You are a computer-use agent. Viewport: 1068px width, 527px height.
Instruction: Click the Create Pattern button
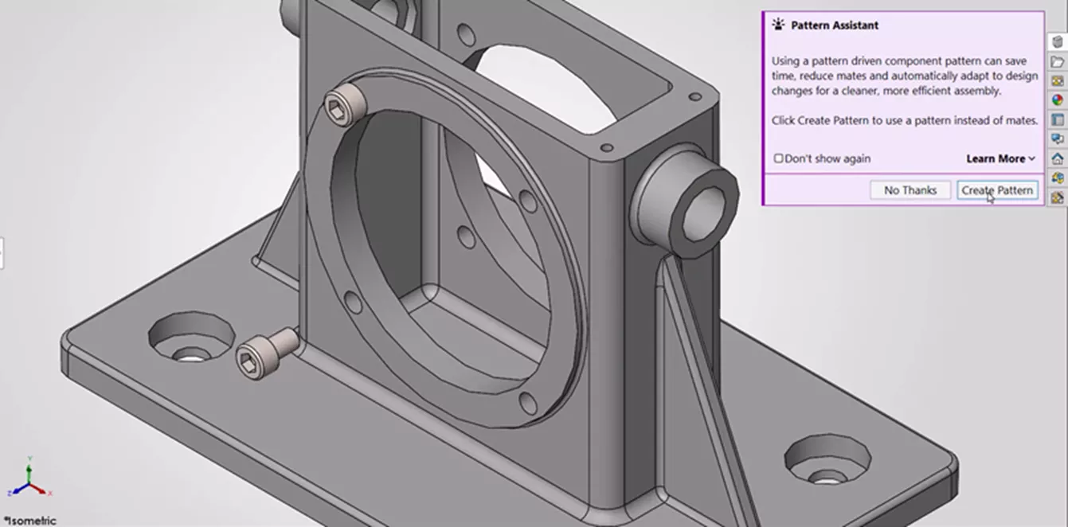click(997, 190)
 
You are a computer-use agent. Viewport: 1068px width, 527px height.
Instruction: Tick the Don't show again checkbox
click(779, 158)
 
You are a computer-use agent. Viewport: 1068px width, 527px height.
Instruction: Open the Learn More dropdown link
click(1000, 158)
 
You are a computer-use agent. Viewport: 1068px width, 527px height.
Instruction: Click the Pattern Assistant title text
click(834, 25)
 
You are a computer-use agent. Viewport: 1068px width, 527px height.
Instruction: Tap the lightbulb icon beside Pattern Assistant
click(778, 25)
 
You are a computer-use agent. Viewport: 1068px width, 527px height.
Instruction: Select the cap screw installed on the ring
click(343, 106)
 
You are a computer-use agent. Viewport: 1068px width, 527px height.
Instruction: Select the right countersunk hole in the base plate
click(826, 462)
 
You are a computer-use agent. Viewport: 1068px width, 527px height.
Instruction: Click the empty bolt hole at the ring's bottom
click(525, 400)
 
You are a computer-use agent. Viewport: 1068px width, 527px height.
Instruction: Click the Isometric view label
click(29, 521)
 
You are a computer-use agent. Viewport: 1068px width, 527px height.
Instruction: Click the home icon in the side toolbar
click(1057, 158)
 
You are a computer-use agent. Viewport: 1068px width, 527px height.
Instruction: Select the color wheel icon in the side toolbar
click(1057, 100)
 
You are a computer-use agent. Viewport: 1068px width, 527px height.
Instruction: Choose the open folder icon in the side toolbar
click(1057, 62)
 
